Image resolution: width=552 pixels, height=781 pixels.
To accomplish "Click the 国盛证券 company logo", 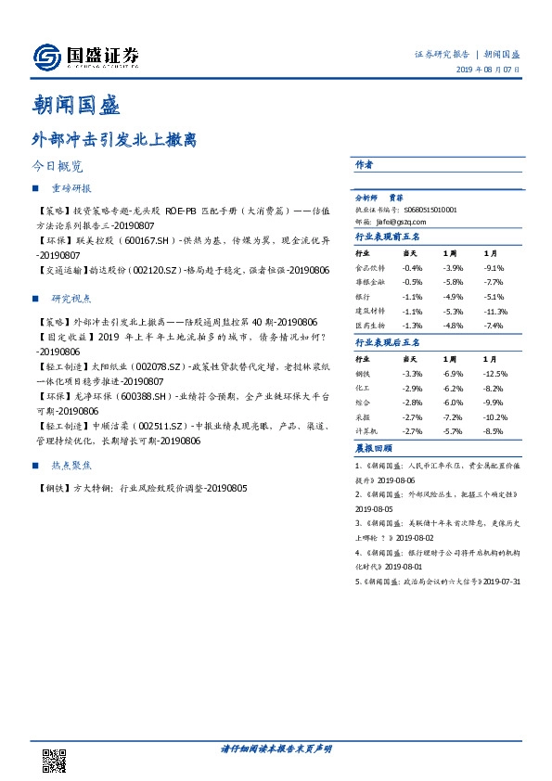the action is [86, 58].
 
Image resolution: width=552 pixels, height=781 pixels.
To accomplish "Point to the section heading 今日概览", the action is [57, 168].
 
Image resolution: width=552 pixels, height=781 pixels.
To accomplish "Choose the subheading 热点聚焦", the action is [71, 467].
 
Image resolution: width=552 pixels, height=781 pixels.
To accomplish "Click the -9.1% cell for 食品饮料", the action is [494, 267].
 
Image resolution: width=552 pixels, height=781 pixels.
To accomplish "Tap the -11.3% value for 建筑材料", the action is [496, 312].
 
